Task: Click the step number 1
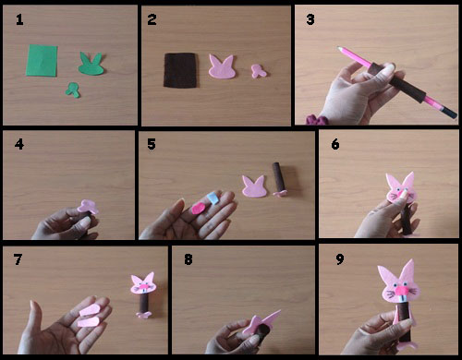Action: tap(19, 20)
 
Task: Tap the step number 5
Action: tap(152, 144)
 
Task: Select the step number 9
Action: tap(340, 259)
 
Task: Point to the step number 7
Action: tap(18, 259)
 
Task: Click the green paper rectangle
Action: tap(42, 60)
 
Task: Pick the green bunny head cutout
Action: tap(91, 64)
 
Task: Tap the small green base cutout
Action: tap(73, 90)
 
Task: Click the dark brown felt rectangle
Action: tap(180, 70)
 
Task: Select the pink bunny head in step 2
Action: tap(222, 66)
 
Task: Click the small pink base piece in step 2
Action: tap(258, 71)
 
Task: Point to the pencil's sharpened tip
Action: tap(339, 48)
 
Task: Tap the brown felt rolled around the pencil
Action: tap(399, 81)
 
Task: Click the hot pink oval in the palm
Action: tap(199, 208)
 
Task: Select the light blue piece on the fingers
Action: tap(213, 198)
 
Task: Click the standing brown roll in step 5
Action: tap(278, 177)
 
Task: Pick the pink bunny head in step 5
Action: tap(254, 186)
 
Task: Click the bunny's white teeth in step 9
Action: tap(402, 299)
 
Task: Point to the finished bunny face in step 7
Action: tap(143, 283)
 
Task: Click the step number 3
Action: tap(310, 19)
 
